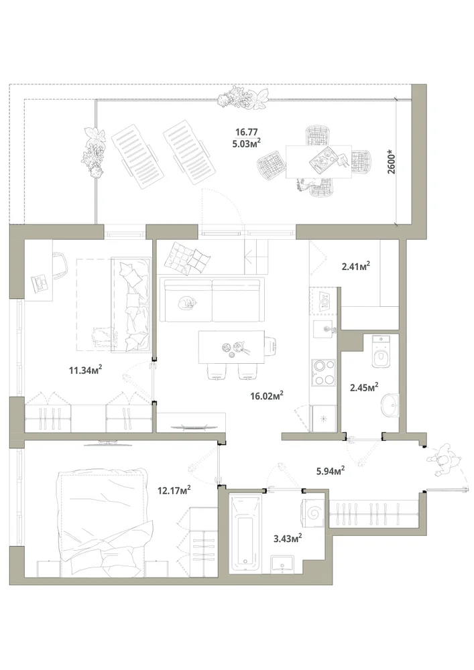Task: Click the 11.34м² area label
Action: (86, 370)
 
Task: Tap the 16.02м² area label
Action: (267, 396)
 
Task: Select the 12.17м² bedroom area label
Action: (174, 490)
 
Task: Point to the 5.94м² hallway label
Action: (331, 471)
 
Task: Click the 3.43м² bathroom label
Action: (288, 539)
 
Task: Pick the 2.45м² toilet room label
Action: (364, 387)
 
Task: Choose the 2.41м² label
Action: (355, 267)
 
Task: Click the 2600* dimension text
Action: (392, 161)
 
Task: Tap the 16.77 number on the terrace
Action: (247, 133)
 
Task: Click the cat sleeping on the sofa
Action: (188, 303)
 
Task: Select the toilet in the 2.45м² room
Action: (381, 351)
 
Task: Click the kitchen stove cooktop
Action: (324, 373)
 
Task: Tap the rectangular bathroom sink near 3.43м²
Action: (282, 564)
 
